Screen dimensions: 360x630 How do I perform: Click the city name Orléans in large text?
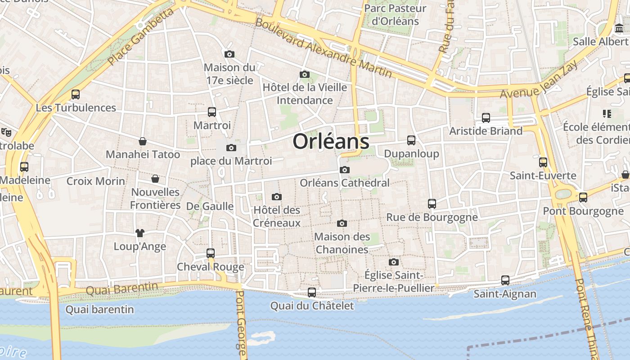click(x=331, y=141)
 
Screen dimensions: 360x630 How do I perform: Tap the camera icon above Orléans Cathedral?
click(x=345, y=170)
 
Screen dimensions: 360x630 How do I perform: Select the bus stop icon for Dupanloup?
click(x=411, y=140)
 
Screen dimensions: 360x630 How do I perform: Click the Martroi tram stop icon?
click(x=212, y=112)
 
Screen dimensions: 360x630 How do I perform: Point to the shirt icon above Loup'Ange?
click(x=140, y=233)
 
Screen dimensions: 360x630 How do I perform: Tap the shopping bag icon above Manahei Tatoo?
click(x=143, y=141)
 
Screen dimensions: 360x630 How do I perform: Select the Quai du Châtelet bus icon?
click(x=312, y=292)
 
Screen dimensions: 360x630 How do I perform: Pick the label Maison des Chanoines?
click(x=342, y=243)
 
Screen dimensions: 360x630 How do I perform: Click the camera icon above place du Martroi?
click(x=231, y=148)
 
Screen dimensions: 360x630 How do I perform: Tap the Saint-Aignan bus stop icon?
click(x=505, y=280)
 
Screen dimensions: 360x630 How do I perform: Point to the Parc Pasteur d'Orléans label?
click(x=395, y=15)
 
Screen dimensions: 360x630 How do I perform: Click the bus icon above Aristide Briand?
click(x=486, y=117)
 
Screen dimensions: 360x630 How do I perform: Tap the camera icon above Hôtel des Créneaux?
click(x=277, y=197)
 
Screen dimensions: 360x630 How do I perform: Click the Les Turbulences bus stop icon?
click(x=76, y=94)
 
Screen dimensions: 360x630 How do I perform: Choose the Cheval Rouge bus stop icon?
click(x=211, y=253)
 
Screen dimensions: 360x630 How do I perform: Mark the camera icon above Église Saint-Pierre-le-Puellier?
click(x=394, y=262)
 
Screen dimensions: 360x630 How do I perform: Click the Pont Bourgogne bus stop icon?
click(x=583, y=197)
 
